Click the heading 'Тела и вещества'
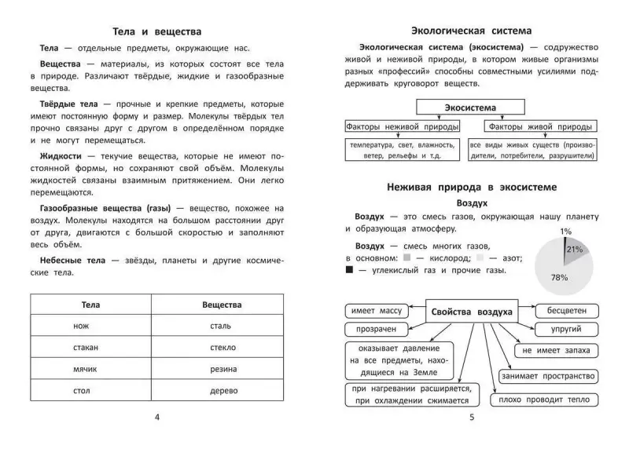(x=158, y=32)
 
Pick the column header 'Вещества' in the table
(x=222, y=304)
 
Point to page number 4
(x=158, y=416)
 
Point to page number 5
(x=472, y=416)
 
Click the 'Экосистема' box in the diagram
(x=471, y=108)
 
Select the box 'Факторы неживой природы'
(x=392, y=126)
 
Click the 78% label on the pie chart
(x=560, y=277)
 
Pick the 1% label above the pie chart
(x=566, y=232)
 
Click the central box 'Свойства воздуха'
(x=472, y=312)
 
